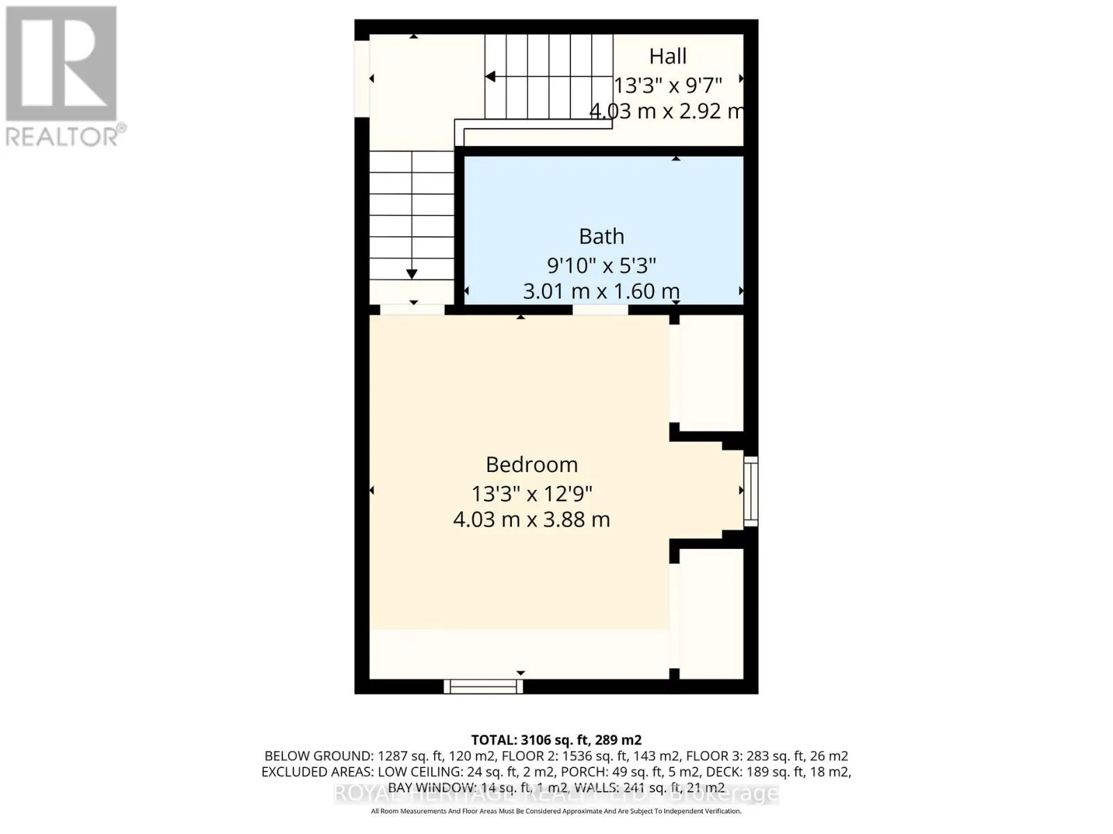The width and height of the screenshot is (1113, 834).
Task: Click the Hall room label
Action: click(668, 56)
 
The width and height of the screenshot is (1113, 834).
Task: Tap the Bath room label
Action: click(602, 236)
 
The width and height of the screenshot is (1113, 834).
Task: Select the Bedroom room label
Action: click(531, 464)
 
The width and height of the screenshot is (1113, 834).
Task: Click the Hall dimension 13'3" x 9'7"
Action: click(668, 85)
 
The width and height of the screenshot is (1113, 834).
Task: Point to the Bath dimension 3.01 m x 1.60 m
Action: click(601, 291)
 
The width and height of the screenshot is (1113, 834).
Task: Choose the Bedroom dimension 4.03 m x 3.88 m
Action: click(531, 519)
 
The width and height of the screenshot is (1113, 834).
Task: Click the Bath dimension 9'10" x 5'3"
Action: click(602, 265)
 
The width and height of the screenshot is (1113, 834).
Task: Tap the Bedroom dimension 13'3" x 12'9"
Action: click(531, 494)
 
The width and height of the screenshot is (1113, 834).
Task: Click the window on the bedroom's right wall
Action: click(751, 491)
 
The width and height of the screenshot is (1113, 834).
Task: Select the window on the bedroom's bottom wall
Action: click(483, 687)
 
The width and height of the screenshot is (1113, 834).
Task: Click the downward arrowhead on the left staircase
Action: click(412, 274)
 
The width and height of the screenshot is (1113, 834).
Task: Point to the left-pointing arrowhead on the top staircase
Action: click(490, 76)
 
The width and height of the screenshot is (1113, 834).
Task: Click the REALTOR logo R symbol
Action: click(61, 64)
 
